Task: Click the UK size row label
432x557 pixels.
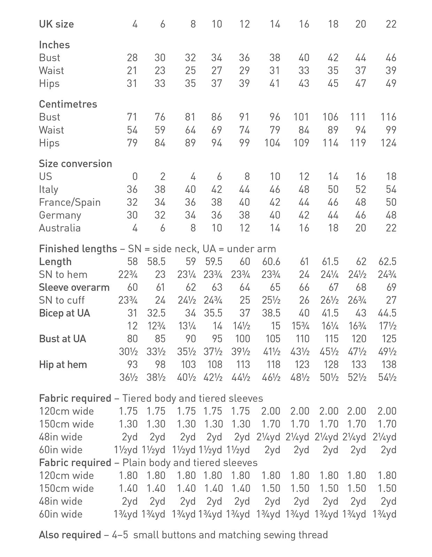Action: (x=56, y=24)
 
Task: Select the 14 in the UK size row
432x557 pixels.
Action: (x=275, y=24)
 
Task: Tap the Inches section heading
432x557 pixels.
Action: (x=54, y=45)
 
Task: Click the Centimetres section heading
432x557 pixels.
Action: (x=68, y=104)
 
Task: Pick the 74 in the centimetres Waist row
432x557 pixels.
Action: (x=244, y=130)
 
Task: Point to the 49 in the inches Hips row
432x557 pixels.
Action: (x=391, y=83)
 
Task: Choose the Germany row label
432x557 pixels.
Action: (x=60, y=215)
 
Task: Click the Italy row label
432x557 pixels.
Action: (x=48, y=189)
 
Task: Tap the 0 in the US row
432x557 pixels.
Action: (x=135, y=176)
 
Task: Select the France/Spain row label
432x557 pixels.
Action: (x=70, y=202)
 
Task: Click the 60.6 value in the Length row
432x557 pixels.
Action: (x=271, y=261)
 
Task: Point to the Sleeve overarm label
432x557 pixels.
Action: (x=74, y=287)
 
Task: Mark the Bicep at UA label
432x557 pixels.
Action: (x=64, y=313)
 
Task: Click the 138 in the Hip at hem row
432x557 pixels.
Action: (x=388, y=364)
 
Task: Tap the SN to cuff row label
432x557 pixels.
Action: (x=62, y=300)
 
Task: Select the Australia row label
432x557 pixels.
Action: (x=60, y=228)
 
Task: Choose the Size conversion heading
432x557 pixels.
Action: (x=75, y=164)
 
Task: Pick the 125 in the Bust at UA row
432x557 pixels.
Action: (x=388, y=339)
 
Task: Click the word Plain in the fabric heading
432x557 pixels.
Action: (x=134, y=463)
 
